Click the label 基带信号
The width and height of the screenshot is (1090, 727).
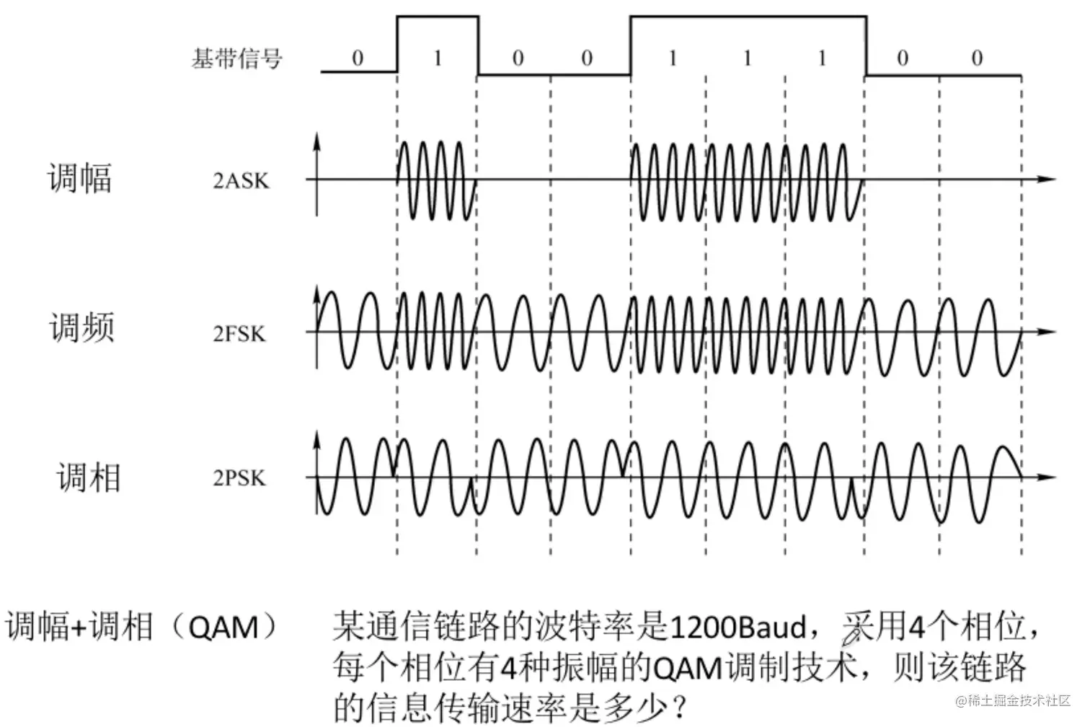tap(237, 58)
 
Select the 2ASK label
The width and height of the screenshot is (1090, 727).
tap(241, 180)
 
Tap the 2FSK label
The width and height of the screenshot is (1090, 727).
tap(239, 333)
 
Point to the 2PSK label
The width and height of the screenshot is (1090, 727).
tap(239, 477)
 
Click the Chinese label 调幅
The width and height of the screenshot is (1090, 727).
tap(80, 178)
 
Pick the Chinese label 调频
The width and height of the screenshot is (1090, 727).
tap(81, 327)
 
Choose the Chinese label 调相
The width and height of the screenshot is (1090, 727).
tap(88, 477)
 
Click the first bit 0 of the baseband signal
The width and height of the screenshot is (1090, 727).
tap(358, 58)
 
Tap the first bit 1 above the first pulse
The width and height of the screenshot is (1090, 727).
tap(437, 58)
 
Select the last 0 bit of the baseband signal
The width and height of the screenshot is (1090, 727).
tap(977, 58)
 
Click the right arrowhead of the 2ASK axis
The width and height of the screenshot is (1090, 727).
tap(1049, 179)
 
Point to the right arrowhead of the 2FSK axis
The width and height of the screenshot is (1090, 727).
tap(1049, 332)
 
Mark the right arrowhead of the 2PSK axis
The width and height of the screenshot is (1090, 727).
tap(1049, 477)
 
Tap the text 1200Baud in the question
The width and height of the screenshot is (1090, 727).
tap(738, 627)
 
